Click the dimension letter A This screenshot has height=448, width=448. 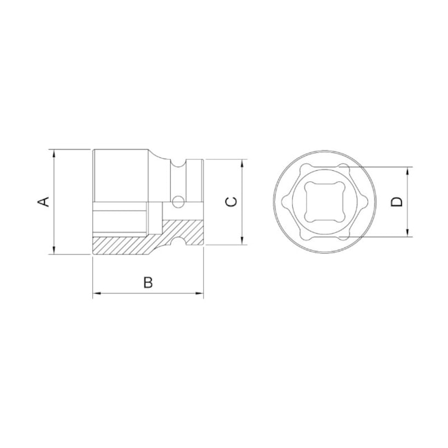(x=43, y=201)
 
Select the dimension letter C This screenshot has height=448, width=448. (x=232, y=201)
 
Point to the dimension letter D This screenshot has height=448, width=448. (x=396, y=201)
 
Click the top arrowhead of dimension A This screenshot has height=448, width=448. (x=53, y=153)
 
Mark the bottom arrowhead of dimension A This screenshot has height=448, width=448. (x=53, y=250)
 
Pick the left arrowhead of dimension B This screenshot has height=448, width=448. (x=96, y=294)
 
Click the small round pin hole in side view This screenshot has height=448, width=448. (x=178, y=202)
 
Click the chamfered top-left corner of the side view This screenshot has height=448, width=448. (x=94, y=152)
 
